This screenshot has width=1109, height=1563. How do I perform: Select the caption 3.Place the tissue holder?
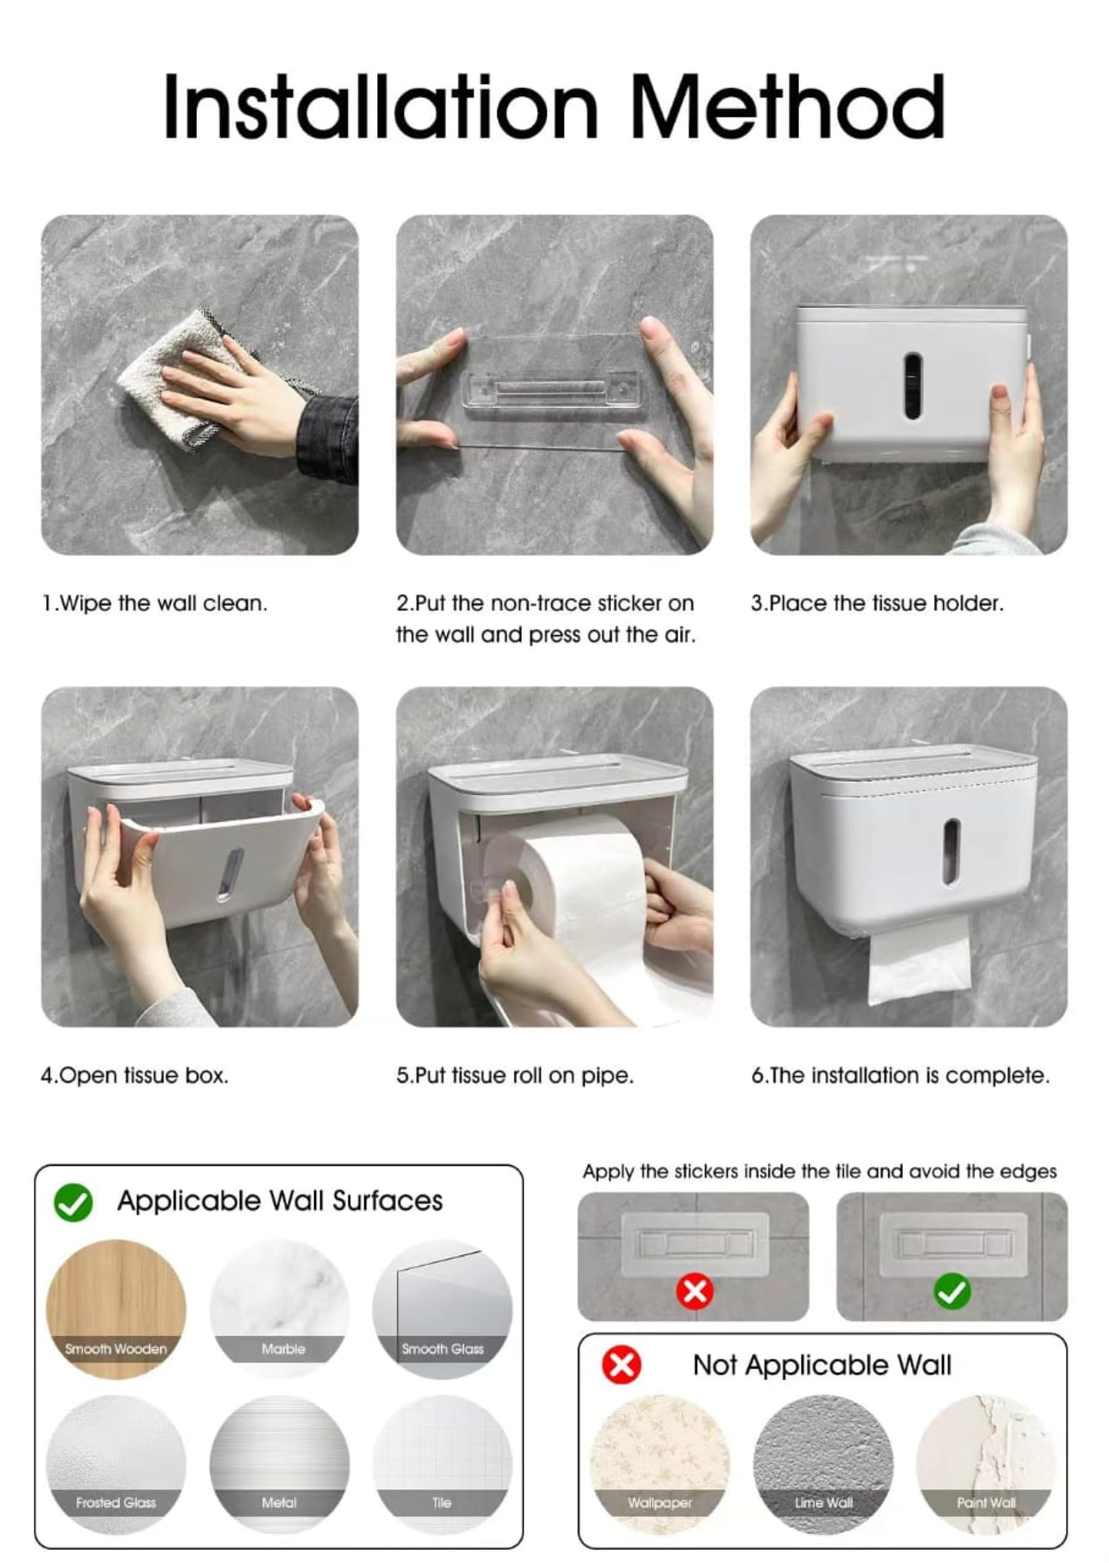[x=877, y=604]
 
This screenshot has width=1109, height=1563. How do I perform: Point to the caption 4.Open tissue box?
[x=134, y=1076]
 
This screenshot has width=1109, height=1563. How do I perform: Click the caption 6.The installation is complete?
[x=901, y=1076]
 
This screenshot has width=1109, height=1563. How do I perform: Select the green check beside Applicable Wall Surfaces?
[x=73, y=1203]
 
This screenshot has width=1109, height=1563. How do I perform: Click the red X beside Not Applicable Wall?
[x=622, y=1365]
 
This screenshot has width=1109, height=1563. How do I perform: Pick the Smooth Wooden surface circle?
[x=116, y=1309]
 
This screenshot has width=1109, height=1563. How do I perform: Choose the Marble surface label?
[x=283, y=1349]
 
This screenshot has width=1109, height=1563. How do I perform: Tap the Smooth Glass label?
[x=442, y=1349]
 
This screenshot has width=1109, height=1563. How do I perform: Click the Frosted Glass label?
[x=116, y=1503]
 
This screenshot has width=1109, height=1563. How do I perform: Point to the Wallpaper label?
[x=660, y=1503]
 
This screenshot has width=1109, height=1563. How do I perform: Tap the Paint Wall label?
[x=986, y=1503]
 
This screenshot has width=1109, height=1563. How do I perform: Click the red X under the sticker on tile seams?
[x=695, y=1292]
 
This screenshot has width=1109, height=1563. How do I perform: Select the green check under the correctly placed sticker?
[x=952, y=1292]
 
